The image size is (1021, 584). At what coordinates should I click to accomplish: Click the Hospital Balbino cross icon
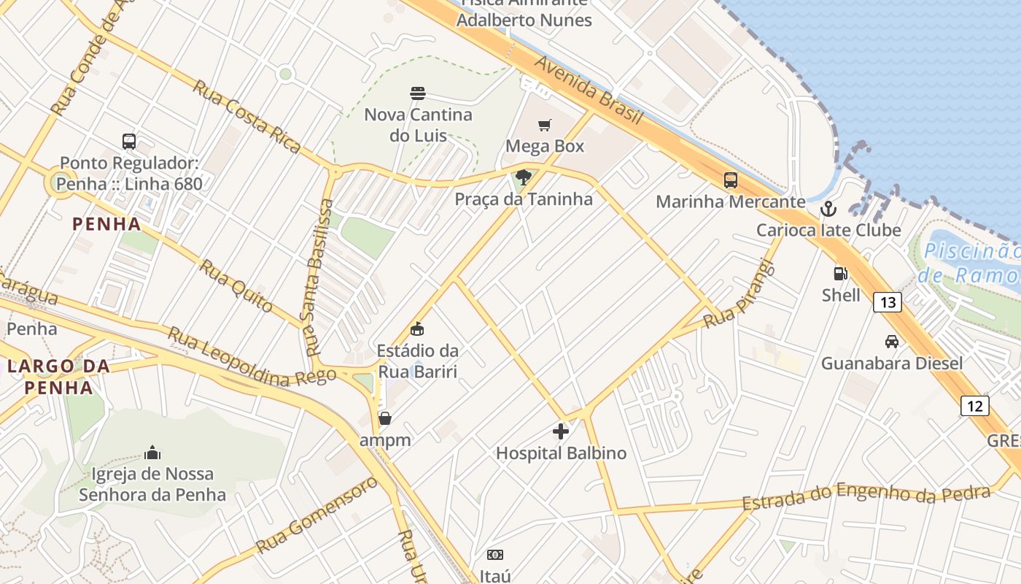pyautogui.click(x=560, y=431)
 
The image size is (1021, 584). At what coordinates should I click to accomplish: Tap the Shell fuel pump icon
pyautogui.click(x=841, y=274)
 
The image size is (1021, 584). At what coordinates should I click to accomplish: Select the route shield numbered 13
pyautogui.click(x=887, y=301)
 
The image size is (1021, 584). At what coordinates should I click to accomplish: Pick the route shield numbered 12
pyautogui.click(x=974, y=405)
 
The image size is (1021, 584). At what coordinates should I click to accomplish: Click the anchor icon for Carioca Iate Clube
pyautogui.click(x=828, y=210)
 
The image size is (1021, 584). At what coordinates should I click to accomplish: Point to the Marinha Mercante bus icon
pyautogui.click(x=730, y=180)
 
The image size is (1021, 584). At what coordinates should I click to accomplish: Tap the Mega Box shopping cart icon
pyautogui.click(x=545, y=125)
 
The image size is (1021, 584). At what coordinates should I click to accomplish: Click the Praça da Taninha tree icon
pyautogui.click(x=523, y=177)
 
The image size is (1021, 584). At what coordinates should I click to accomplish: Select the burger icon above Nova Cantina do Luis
pyautogui.click(x=418, y=93)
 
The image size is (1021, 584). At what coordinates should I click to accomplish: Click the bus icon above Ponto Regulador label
pyautogui.click(x=129, y=142)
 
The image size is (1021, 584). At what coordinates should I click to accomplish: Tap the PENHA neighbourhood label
pyautogui.click(x=106, y=224)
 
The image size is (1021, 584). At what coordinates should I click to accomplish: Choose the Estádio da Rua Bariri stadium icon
pyautogui.click(x=417, y=329)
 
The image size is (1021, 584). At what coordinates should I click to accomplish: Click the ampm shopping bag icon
pyautogui.click(x=385, y=418)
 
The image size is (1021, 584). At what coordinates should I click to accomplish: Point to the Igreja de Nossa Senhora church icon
pyautogui.click(x=152, y=453)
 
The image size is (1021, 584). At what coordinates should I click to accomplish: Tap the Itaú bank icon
pyautogui.click(x=495, y=556)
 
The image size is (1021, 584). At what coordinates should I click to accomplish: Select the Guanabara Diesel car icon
pyautogui.click(x=891, y=341)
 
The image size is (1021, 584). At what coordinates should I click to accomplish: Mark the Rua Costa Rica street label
pyautogui.click(x=246, y=117)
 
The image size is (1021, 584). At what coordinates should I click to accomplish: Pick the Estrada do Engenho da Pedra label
pyautogui.click(x=866, y=496)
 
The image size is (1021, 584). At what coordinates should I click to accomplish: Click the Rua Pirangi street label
pyautogui.click(x=738, y=294)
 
